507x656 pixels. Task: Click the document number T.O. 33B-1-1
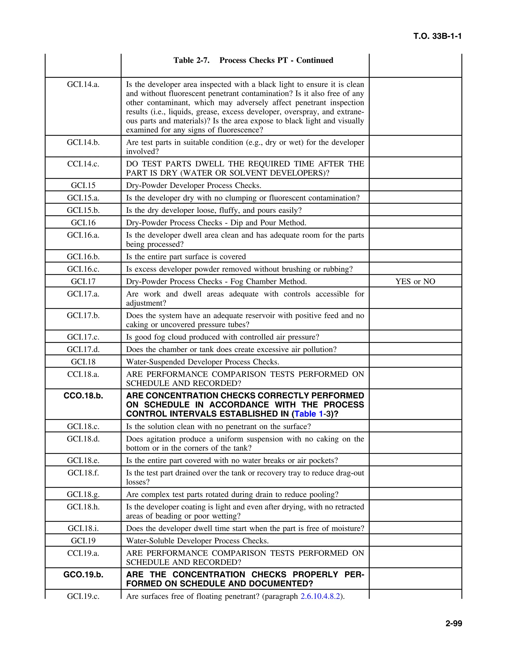point(437,36)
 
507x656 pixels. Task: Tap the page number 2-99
point(454,624)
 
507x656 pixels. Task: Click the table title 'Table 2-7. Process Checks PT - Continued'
point(253,60)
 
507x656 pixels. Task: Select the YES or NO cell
point(415,281)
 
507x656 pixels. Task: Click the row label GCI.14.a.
point(83,84)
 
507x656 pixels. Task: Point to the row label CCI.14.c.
point(83,164)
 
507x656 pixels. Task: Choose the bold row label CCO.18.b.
point(83,396)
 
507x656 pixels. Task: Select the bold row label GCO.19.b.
point(83,575)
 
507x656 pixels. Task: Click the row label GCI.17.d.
point(83,349)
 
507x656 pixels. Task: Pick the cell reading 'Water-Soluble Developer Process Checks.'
point(197,541)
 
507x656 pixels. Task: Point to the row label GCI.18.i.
point(83,528)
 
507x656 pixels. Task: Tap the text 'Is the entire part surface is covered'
point(186,256)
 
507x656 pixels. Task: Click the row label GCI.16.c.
point(83,269)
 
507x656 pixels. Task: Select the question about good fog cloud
point(223,337)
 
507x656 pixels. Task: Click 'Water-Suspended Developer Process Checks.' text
point(203,362)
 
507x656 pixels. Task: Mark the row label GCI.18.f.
point(83,473)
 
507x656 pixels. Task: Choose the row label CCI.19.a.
point(83,553)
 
